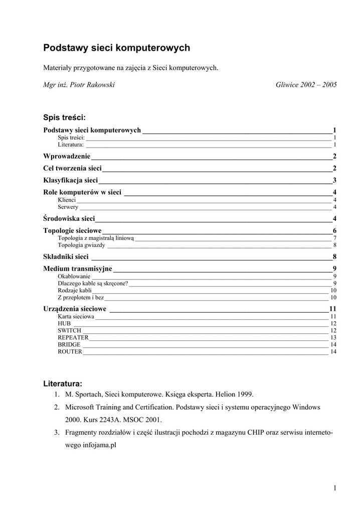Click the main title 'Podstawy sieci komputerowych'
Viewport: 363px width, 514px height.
point(116,48)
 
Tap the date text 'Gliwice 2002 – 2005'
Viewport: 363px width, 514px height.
point(306,85)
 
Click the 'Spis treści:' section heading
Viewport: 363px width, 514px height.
point(65,117)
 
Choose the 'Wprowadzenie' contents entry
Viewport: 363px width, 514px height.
point(67,156)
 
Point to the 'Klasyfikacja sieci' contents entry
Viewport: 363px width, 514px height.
point(71,180)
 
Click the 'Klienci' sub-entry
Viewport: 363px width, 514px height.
point(67,200)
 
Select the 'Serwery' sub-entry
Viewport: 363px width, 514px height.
point(68,207)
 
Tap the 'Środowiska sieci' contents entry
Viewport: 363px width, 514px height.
point(69,218)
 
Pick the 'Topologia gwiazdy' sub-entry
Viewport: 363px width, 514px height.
point(81,245)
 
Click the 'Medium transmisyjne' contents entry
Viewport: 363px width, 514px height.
point(78,269)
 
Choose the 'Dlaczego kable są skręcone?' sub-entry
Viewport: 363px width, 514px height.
point(93,284)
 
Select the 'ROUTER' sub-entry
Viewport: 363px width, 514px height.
point(70,352)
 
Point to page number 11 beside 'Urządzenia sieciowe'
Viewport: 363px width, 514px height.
point(332,308)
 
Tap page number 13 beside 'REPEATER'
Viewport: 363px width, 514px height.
point(333,338)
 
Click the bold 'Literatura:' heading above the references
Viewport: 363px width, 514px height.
point(63,383)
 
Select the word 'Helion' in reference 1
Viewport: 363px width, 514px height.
point(215,394)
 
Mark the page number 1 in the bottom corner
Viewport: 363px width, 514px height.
point(334,488)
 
